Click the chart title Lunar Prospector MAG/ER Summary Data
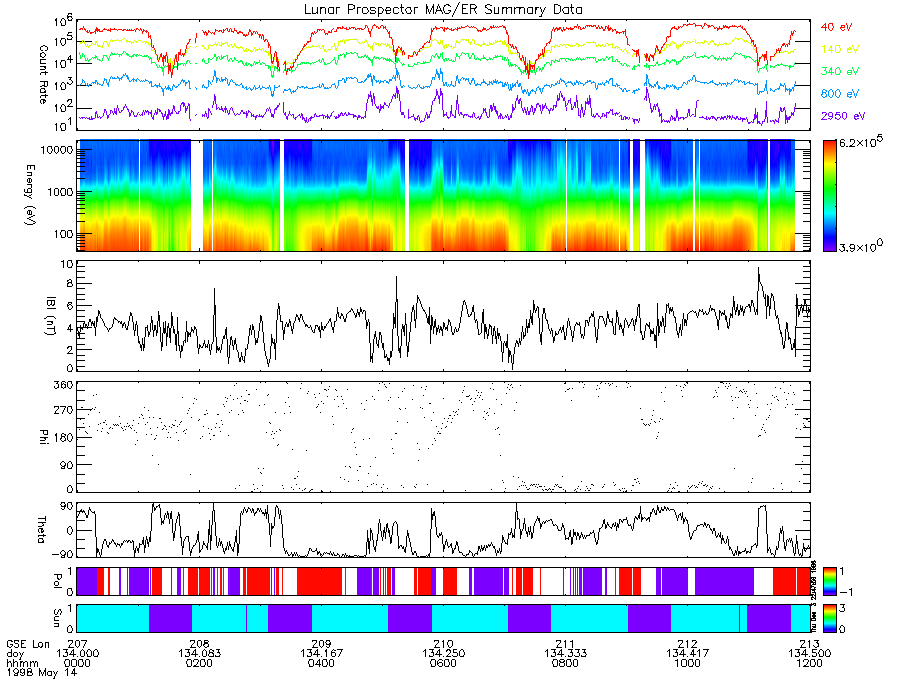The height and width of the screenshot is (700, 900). [x=444, y=9]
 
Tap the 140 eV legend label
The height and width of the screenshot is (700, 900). [x=839, y=49]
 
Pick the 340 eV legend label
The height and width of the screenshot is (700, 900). [x=839, y=72]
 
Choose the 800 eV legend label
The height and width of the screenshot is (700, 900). [x=839, y=94]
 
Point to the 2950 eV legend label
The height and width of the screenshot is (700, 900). [x=842, y=116]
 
